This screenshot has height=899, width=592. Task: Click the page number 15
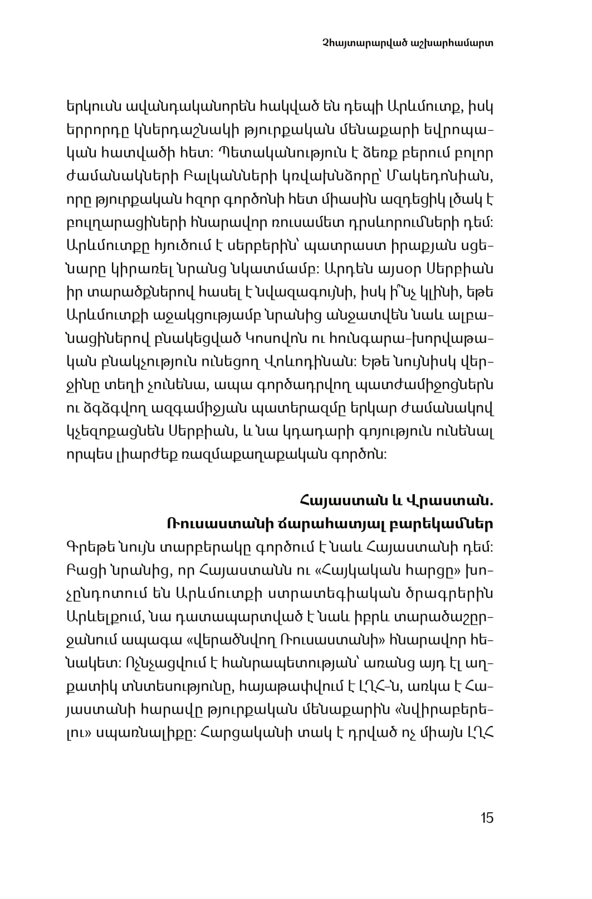pos(486,818)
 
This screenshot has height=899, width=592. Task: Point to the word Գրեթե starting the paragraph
pos(88,547)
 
